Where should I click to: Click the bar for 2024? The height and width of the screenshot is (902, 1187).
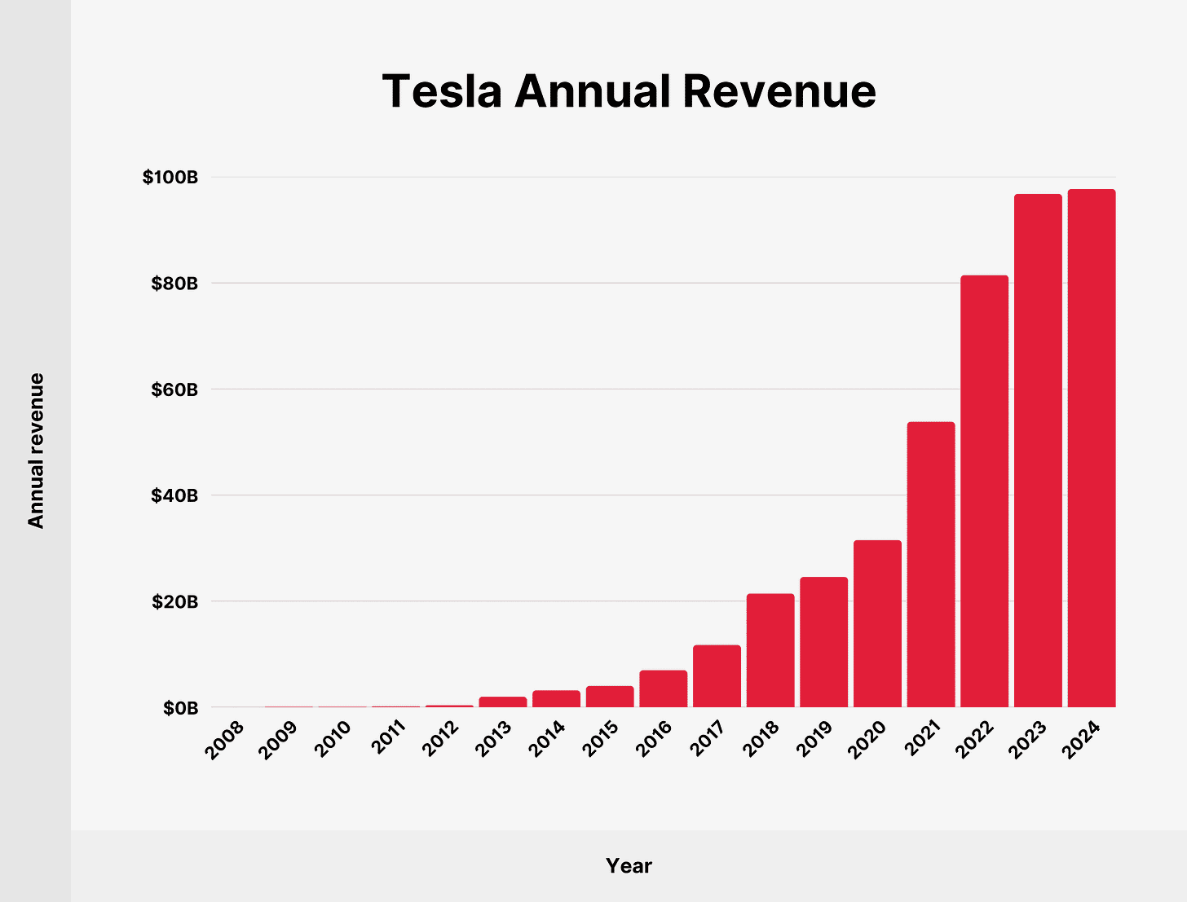pyautogui.click(x=1092, y=448)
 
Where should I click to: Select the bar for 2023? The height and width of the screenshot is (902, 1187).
pyautogui.click(x=1038, y=451)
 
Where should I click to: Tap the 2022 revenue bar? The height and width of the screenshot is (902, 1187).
pyautogui.click(x=984, y=491)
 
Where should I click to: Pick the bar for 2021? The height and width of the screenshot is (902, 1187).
pyautogui.click(x=931, y=565)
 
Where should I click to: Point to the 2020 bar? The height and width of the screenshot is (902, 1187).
pyautogui.click(x=877, y=623)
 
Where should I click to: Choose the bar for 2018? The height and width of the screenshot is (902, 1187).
pyautogui.click(x=770, y=650)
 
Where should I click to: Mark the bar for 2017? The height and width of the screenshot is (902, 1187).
pyautogui.click(x=717, y=676)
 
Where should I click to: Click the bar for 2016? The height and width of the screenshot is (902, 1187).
pyautogui.click(x=664, y=689)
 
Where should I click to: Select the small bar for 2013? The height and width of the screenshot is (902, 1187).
pyautogui.click(x=503, y=702)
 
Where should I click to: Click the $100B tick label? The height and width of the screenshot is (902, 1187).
pyautogui.click(x=170, y=177)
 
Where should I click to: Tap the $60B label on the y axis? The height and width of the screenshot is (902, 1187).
pyautogui.click(x=174, y=389)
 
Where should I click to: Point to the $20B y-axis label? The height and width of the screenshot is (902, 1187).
pyautogui.click(x=174, y=602)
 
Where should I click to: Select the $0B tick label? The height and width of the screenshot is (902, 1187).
pyautogui.click(x=180, y=708)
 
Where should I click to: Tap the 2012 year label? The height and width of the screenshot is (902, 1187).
pyautogui.click(x=439, y=740)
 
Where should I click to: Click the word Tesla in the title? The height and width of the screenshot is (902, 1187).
pyautogui.click(x=441, y=90)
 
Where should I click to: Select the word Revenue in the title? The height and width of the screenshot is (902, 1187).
pyautogui.click(x=779, y=90)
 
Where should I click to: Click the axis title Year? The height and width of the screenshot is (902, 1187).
pyautogui.click(x=629, y=865)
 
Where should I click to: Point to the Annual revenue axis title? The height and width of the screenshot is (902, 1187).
pyautogui.click(x=36, y=451)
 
